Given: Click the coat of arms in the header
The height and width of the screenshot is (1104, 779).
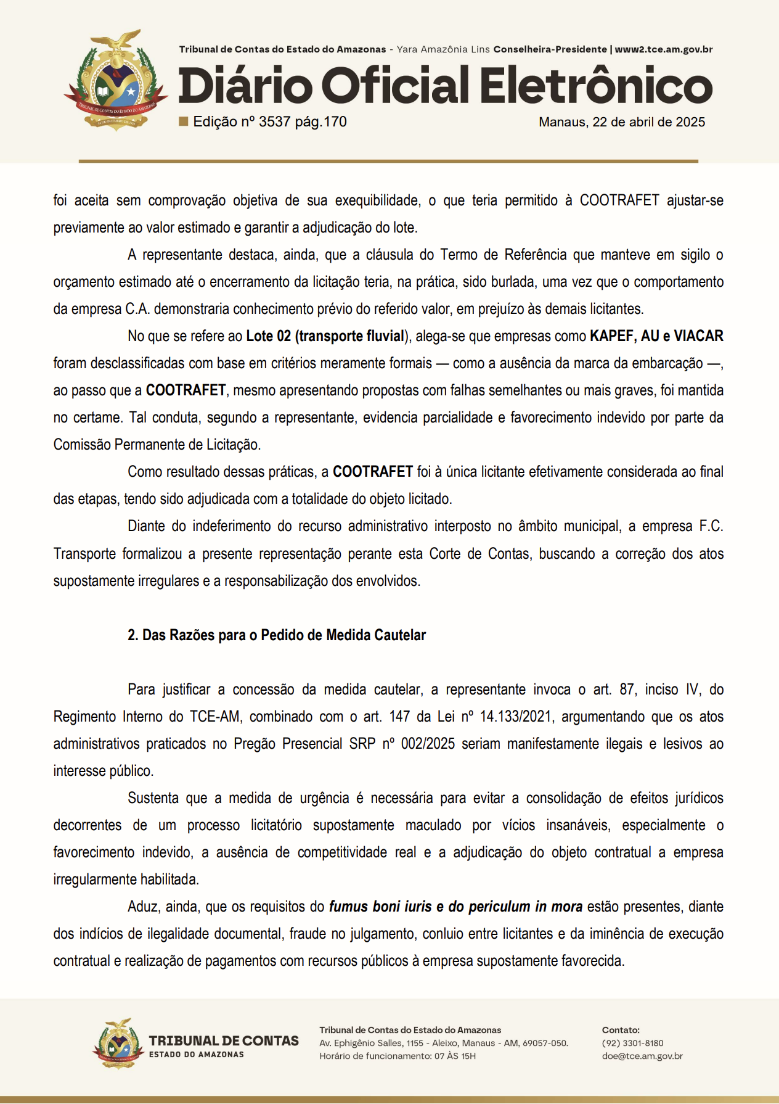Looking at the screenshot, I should coord(116,80).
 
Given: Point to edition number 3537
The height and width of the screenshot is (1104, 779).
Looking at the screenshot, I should coord(274,122).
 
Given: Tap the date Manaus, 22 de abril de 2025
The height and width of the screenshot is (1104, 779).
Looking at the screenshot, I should coord(621,122).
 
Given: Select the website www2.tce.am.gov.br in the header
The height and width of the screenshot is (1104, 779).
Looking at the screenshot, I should coord(664,49).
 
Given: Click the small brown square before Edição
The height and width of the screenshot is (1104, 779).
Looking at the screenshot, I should coord(183,121).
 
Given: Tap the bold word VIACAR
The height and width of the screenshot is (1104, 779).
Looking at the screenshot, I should coord(698,336).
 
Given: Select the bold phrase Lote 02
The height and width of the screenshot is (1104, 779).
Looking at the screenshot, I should coord(268,336).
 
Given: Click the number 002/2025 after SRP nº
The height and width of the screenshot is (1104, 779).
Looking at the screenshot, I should coord(428,744).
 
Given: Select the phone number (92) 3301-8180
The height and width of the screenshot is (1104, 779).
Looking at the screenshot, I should coord(632,1043).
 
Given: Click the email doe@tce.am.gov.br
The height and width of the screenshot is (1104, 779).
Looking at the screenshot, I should coord(642,1056).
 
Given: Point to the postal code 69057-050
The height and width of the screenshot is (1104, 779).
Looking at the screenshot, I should coord(545,1043).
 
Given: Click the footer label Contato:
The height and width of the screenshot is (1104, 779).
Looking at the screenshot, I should coord(621,1030).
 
